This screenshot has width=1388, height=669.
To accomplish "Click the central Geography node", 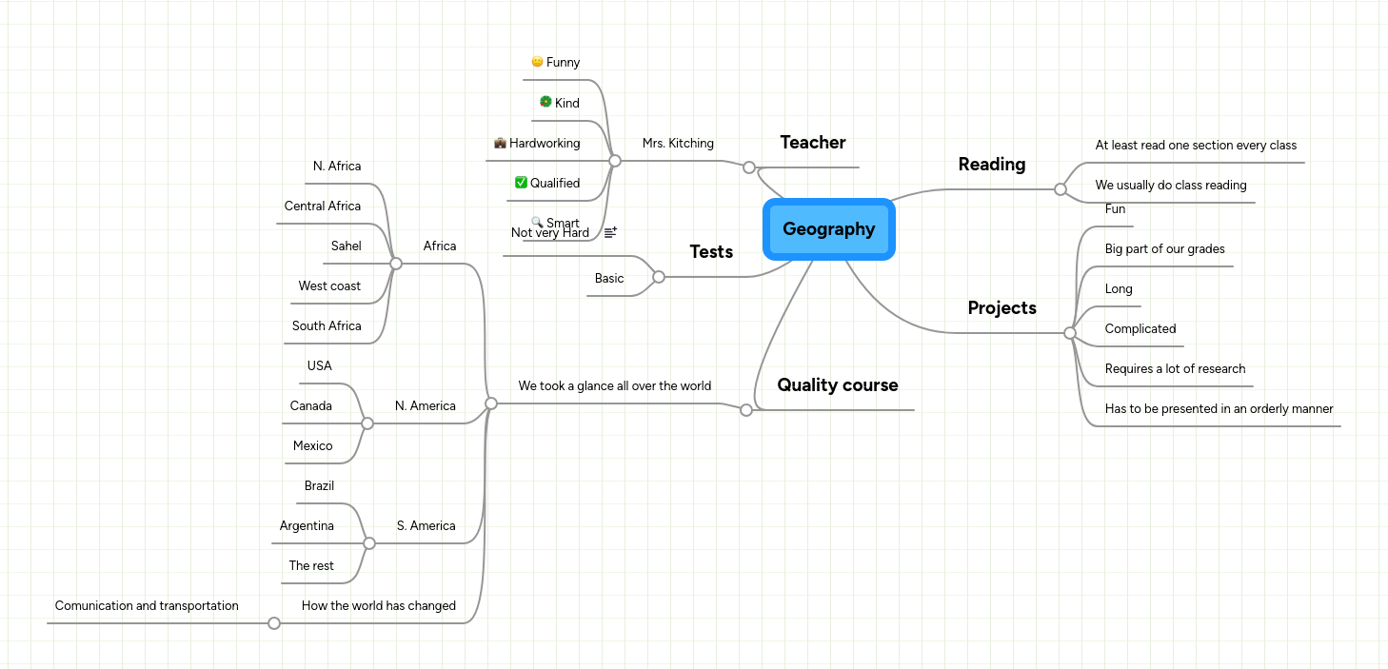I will click(x=828, y=229).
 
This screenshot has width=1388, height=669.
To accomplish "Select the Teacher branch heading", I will click(x=812, y=143).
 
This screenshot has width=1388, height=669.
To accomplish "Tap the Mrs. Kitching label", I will click(x=678, y=144).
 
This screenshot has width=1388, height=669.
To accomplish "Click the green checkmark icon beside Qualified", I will click(x=521, y=183).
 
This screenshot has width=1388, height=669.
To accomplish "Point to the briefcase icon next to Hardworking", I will click(x=500, y=143).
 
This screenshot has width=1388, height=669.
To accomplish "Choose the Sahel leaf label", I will click(x=346, y=246).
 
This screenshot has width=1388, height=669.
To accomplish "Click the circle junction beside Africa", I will click(x=396, y=264).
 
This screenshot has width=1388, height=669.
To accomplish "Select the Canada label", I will click(x=310, y=406).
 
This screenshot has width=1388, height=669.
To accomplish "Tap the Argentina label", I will click(x=307, y=526).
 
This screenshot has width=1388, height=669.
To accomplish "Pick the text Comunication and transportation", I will click(x=147, y=606).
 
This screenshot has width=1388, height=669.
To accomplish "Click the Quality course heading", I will click(x=837, y=385).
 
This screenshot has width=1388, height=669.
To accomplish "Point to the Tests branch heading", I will click(x=711, y=252).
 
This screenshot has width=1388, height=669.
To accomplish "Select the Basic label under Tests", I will click(x=609, y=279).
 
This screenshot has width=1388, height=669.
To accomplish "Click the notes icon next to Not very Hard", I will click(x=610, y=232).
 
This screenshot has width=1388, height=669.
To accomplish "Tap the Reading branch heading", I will click(x=991, y=165).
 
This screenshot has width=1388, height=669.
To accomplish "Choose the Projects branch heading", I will click(x=1001, y=308).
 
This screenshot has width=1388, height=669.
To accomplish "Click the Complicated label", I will click(x=1140, y=329).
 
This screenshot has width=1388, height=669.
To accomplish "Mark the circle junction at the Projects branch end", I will click(x=1070, y=333).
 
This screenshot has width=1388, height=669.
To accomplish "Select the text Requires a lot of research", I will click(x=1175, y=369).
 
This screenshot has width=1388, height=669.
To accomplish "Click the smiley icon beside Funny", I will click(x=537, y=62).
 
